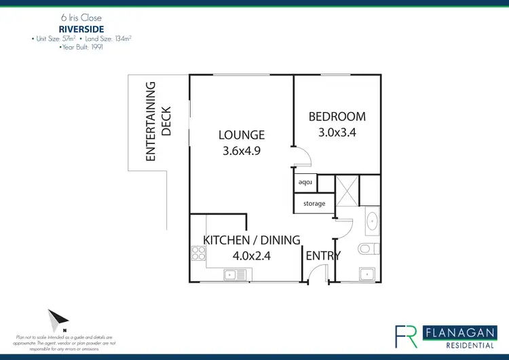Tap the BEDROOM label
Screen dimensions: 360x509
(x=337, y=117)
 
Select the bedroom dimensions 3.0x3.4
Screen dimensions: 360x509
(x=337, y=133)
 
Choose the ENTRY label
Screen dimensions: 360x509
(x=323, y=255)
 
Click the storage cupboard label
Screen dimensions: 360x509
(x=314, y=204)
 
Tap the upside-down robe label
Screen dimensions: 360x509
(x=304, y=183)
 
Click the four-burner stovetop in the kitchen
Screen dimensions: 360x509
(x=199, y=254)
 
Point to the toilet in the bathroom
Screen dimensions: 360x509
(x=367, y=248)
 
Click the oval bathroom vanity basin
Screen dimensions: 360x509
(x=371, y=222)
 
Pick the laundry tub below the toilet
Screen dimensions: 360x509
(x=367, y=274)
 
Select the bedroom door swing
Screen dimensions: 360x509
(x=301, y=158)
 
